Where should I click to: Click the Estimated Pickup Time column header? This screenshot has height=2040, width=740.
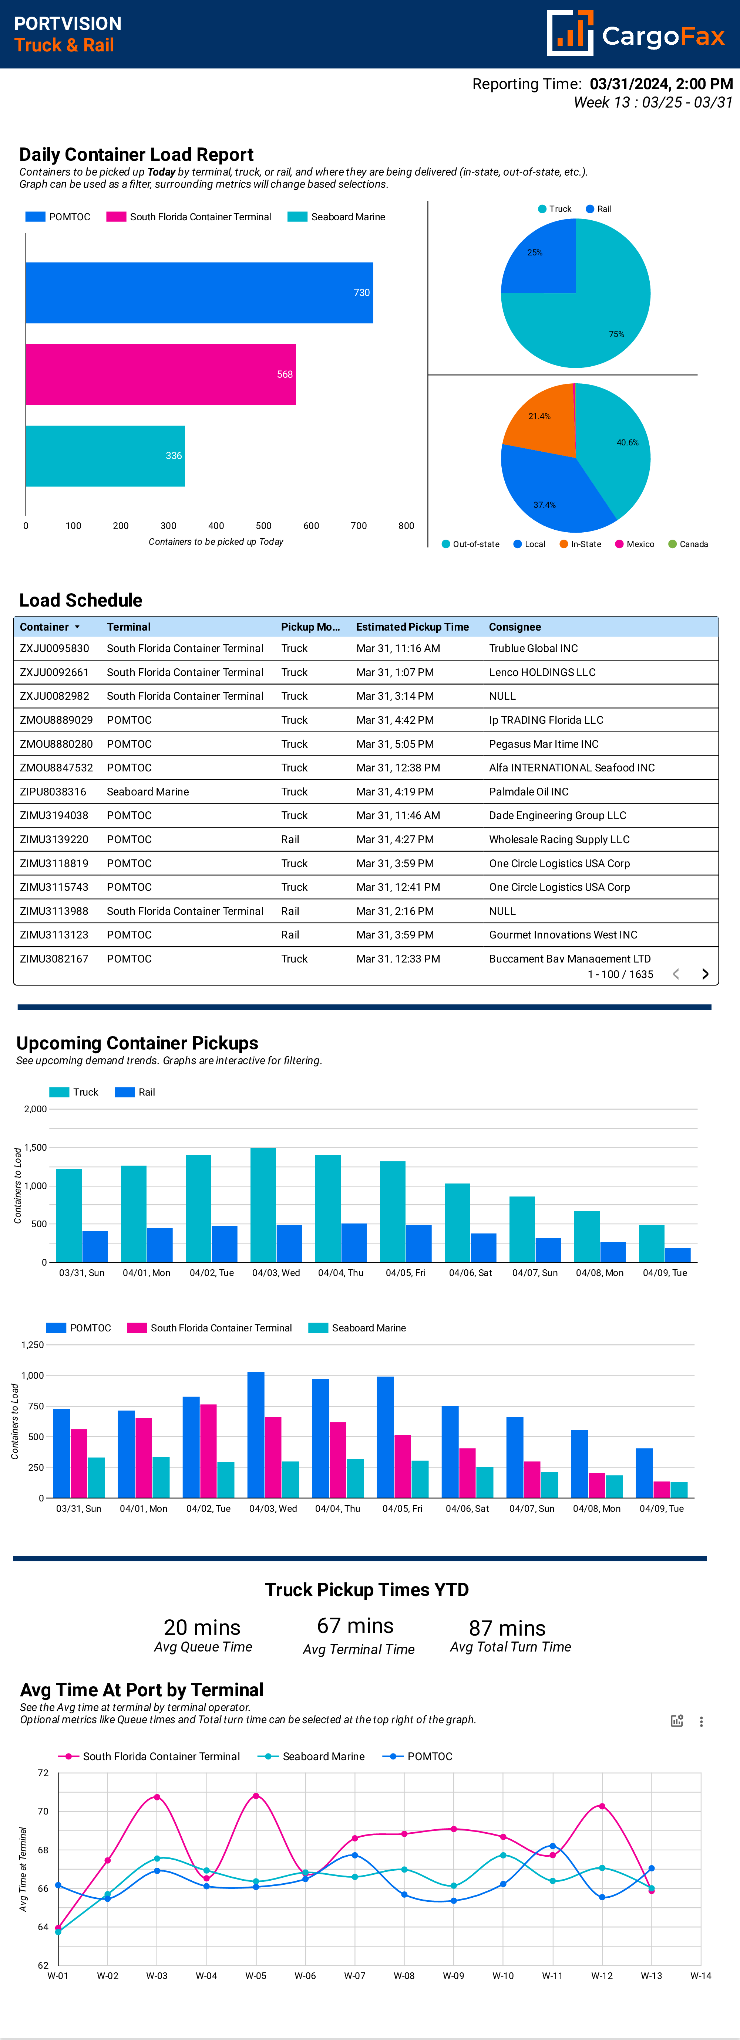point(412,627)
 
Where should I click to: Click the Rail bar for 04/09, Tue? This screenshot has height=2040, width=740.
point(677,1255)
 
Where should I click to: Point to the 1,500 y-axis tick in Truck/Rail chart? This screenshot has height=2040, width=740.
point(36,1147)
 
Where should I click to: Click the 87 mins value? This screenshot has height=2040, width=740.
point(507,1628)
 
